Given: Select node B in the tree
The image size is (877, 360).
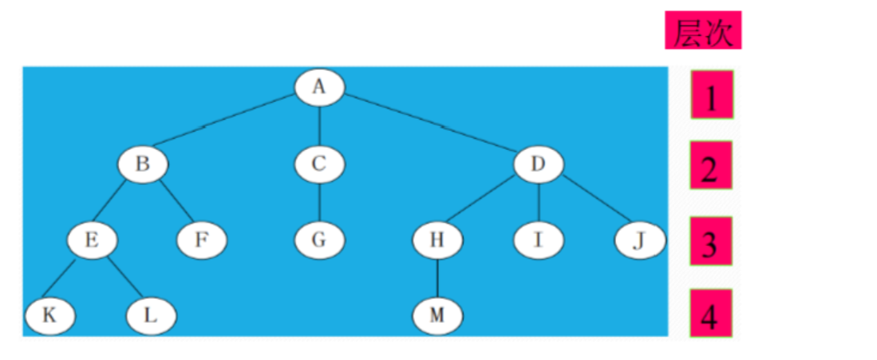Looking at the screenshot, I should pos(143,165).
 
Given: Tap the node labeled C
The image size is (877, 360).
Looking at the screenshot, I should pos(319,165).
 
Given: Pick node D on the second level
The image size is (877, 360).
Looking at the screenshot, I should pos(539,165).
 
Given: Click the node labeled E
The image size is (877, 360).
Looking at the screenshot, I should pos(92,239).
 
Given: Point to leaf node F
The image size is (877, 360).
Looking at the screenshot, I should pos(202,239).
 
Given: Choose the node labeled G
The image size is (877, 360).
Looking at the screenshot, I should pos(319,239).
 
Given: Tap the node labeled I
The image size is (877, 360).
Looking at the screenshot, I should pos(539,239).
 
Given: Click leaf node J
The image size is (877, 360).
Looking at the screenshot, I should pos(639,239).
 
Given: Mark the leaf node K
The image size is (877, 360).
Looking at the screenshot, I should pos(49,315).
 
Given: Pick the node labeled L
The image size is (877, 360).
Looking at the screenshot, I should pos(151,315).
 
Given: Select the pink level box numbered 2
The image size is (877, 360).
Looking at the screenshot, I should pos(712,165).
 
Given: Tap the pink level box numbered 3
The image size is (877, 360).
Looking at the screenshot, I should pos(712,240).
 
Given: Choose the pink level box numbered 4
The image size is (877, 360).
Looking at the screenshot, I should pos(712,314).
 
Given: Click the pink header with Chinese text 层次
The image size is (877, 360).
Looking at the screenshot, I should pos(703,31).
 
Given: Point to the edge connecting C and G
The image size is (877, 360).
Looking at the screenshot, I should pos(319,202).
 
